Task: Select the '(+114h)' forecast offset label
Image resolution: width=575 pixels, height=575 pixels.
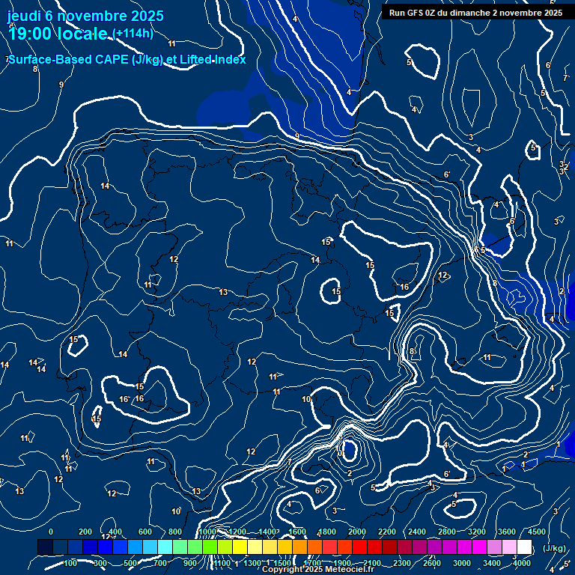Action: click(x=133, y=34)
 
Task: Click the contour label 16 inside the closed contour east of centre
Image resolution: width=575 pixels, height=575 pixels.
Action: click(x=404, y=287)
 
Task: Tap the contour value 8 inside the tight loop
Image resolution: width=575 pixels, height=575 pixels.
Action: click(x=412, y=351)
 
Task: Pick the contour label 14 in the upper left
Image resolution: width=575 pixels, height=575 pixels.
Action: click(x=105, y=186)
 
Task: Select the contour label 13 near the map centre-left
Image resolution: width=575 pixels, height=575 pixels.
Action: click(x=223, y=292)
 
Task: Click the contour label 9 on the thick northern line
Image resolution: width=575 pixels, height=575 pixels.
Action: click(x=297, y=136)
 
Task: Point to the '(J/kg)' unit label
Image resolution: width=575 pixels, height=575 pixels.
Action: click(x=554, y=549)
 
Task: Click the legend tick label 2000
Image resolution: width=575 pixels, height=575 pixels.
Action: click(x=356, y=532)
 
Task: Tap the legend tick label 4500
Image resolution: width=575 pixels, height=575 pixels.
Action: click(x=537, y=532)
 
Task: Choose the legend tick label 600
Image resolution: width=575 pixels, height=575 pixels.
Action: click(x=144, y=532)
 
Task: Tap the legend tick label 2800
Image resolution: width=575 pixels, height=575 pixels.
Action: click(x=447, y=532)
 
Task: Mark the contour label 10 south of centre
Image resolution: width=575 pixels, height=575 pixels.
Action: click(x=306, y=399)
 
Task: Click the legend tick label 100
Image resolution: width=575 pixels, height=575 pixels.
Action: click(x=70, y=563)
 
